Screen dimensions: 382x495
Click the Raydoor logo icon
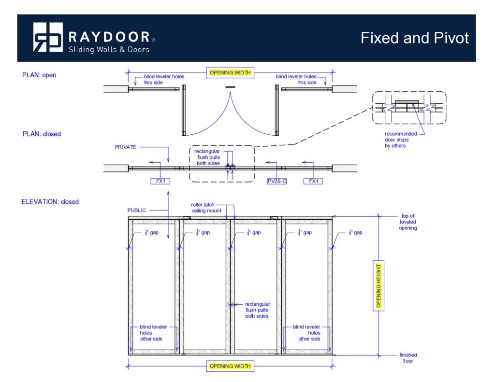click(48, 37)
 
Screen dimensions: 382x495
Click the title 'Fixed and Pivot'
click(414, 38)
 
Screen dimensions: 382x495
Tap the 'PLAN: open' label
click(39, 75)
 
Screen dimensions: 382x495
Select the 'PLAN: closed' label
click(41, 134)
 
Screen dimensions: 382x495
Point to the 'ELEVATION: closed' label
click(50, 201)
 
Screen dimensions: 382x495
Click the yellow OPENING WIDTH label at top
click(230, 73)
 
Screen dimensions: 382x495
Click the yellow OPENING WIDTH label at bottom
click(230, 366)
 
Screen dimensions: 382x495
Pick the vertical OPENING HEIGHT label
click(379, 285)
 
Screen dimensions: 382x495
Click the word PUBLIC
click(137, 210)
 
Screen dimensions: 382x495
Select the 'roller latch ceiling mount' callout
click(206, 208)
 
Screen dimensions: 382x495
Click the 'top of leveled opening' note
click(408, 222)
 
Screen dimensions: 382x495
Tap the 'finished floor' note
click(408, 358)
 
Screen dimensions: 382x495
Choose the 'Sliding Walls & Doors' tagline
click(109, 49)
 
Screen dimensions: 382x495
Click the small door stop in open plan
click(230, 87)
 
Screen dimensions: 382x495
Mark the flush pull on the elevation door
click(229, 304)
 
